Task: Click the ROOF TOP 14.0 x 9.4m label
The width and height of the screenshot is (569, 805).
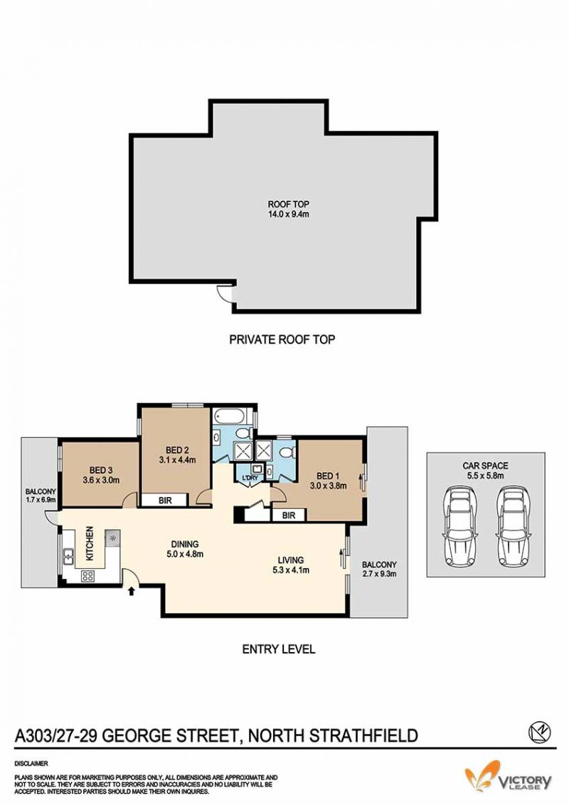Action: coord(288,209)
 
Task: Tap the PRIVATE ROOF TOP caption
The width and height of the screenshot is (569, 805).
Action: coord(282,339)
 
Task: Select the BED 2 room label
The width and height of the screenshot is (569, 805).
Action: coord(177,455)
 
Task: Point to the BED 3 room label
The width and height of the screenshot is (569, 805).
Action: coord(101,475)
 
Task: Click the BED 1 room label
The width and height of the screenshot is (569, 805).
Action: coord(328,481)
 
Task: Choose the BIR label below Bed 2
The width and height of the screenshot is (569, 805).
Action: coord(165,500)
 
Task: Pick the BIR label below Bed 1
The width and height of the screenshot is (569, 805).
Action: coord(289,515)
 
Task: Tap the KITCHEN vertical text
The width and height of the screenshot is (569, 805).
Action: coord(90,543)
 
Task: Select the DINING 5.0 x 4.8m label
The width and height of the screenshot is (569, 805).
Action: coord(185,549)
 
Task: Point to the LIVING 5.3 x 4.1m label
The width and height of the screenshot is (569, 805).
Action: coord(291,565)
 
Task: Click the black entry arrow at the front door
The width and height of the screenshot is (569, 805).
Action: coord(131,591)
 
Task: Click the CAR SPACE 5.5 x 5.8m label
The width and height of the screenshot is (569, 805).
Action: coord(485,470)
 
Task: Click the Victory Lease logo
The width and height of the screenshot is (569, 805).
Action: coord(508,776)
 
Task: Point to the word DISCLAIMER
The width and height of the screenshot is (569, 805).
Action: coord(31,764)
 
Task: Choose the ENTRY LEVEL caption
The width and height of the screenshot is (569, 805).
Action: coord(278,649)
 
